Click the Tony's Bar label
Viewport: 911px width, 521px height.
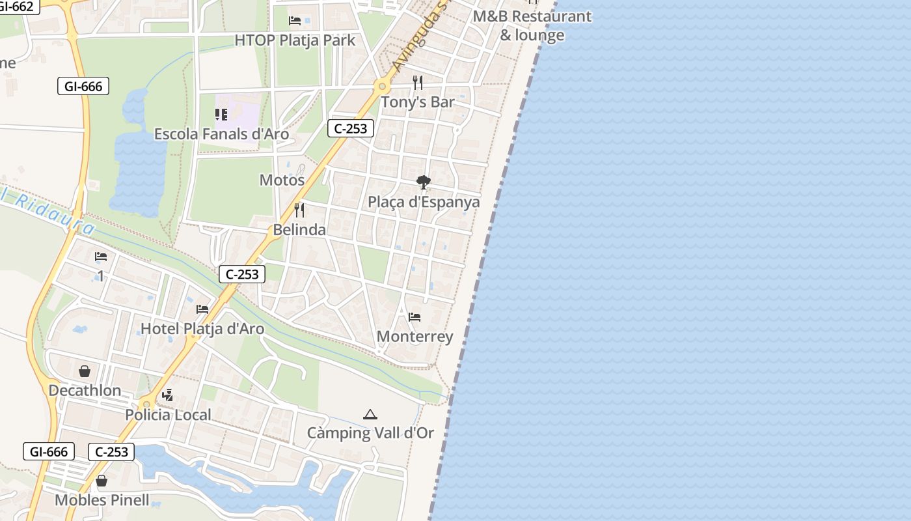(x=417, y=102)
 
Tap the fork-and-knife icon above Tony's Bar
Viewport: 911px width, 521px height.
(x=418, y=83)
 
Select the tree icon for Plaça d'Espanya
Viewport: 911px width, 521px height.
(x=424, y=182)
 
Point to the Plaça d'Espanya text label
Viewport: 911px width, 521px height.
(x=424, y=202)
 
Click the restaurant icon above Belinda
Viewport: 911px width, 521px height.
(x=299, y=210)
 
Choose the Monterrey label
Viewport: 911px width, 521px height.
(x=415, y=337)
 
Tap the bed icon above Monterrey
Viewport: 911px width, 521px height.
(x=415, y=317)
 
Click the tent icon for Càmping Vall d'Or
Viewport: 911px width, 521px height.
(x=370, y=414)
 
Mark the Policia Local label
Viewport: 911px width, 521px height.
(x=168, y=415)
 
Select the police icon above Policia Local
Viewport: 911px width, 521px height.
(x=168, y=395)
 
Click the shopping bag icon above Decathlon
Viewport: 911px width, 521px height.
(x=85, y=371)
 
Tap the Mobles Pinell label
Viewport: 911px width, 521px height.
(x=102, y=501)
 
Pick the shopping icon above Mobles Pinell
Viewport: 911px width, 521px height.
(x=102, y=481)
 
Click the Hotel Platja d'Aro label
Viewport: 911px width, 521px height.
(x=202, y=329)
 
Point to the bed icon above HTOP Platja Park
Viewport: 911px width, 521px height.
(x=295, y=21)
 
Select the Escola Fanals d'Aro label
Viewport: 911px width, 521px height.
(x=221, y=134)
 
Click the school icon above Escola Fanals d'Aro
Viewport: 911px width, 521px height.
(x=221, y=115)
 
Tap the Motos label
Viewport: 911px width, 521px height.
(x=282, y=180)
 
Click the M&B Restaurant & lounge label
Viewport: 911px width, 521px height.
(x=532, y=25)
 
